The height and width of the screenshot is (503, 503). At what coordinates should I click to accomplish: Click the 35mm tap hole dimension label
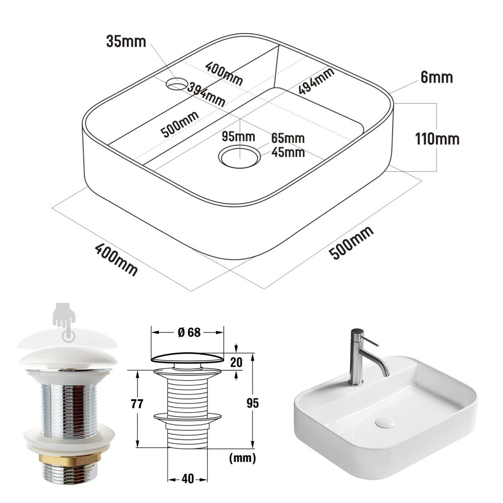tap(126, 42)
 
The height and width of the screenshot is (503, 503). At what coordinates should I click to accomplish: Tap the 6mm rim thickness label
tap(437, 77)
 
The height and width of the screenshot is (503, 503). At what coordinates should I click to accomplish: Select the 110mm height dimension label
tap(437, 139)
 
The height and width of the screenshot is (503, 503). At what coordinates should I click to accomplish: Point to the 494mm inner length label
tap(316, 81)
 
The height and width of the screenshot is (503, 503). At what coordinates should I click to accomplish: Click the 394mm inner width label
tap(206, 95)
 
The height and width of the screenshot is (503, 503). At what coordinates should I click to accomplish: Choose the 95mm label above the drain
tap(238, 137)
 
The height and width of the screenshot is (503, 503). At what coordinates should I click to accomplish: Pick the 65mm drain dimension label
tap(288, 138)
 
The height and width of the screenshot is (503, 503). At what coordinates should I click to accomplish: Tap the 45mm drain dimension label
tap(288, 152)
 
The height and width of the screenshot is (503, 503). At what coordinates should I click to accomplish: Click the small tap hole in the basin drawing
tap(177, 84)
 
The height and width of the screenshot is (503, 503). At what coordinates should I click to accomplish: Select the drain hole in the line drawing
tap(239, 156)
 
